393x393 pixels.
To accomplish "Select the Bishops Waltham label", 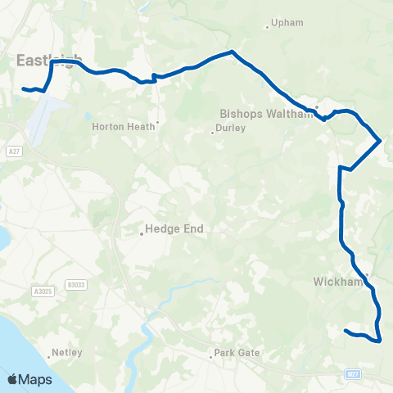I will click(x=267, y=114).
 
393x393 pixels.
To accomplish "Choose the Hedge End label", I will click(x=174, y=229).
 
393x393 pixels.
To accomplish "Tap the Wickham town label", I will click(x=337, y=282).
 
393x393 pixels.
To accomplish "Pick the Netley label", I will click(x=63, y=353).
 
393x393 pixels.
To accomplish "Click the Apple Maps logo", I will click(x=29, y=379).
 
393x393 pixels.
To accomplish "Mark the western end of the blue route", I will click(x=23, y=88).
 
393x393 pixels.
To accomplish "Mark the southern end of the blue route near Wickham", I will click(x=346, y=331).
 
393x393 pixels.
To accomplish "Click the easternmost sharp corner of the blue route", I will click(x=381, y=141).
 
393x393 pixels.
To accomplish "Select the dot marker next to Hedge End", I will click(x=141, y=233).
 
